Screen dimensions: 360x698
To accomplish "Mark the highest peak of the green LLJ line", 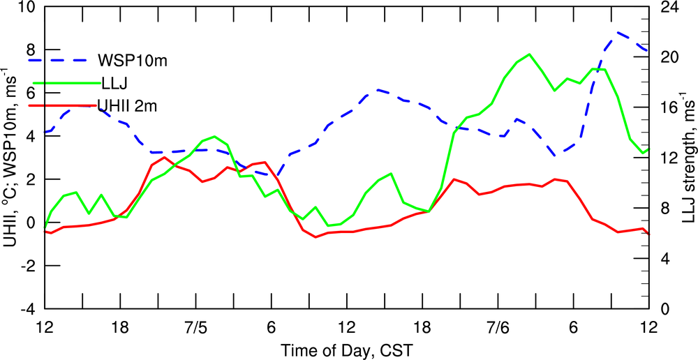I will pos(529,54).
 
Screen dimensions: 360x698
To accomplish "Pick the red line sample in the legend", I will pos(63,105).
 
